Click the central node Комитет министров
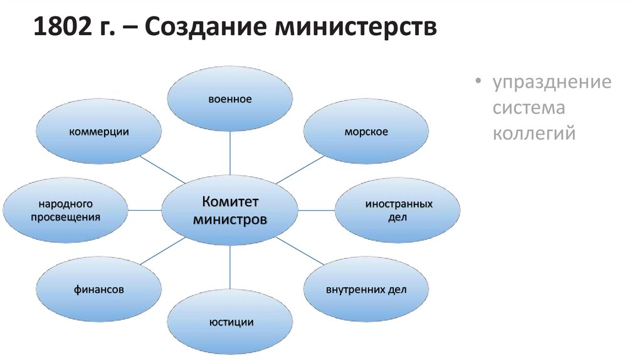pos(230,211)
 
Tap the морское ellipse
pos(366,132)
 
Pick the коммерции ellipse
pos(98,132)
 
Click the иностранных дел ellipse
pos(397,211)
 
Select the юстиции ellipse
pos(231,322)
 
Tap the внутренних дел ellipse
pos(367,290)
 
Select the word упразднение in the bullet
pos(551,83)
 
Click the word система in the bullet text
pos(529,109)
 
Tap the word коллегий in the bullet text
pos(534,134)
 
